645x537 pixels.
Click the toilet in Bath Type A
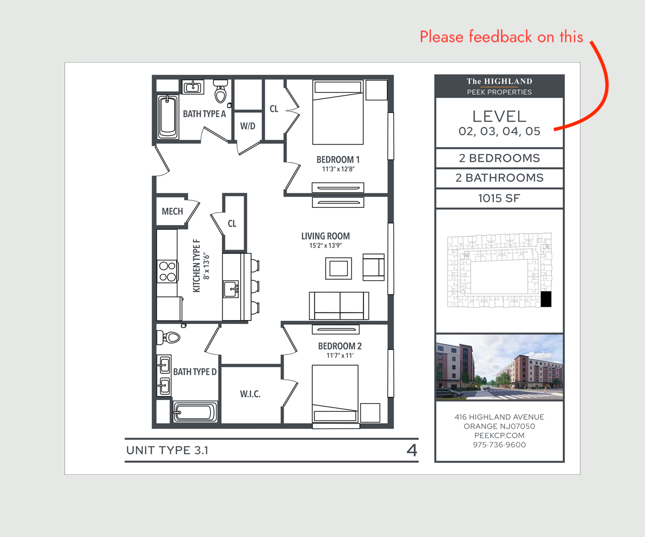coord(220,91)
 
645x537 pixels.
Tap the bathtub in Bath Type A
coord(168,117)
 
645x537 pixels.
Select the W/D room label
coord(248,126)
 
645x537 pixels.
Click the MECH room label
coord(173,212)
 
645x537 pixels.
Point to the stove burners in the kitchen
coord(167,271)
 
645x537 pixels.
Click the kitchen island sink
coord(231,289)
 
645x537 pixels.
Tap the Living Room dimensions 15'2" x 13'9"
coord(326,245)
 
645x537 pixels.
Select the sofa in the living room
coord(339,306)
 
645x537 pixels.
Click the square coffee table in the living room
coord(339,268)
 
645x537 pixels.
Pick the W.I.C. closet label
coord(250,394)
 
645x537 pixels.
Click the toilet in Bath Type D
coord(168,337)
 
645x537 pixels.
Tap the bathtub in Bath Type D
coord(195,412)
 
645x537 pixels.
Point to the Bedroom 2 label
coord(340,346)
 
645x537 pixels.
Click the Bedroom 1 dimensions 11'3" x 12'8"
coord(338,169)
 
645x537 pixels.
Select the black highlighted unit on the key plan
coord(546,299)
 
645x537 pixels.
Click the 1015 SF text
coord(499,198)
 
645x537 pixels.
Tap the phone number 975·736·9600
coord(499,445)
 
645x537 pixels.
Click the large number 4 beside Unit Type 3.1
coord(412,451)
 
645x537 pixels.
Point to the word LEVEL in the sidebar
coord(499,117)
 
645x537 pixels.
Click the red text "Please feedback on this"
coord(501,37)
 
